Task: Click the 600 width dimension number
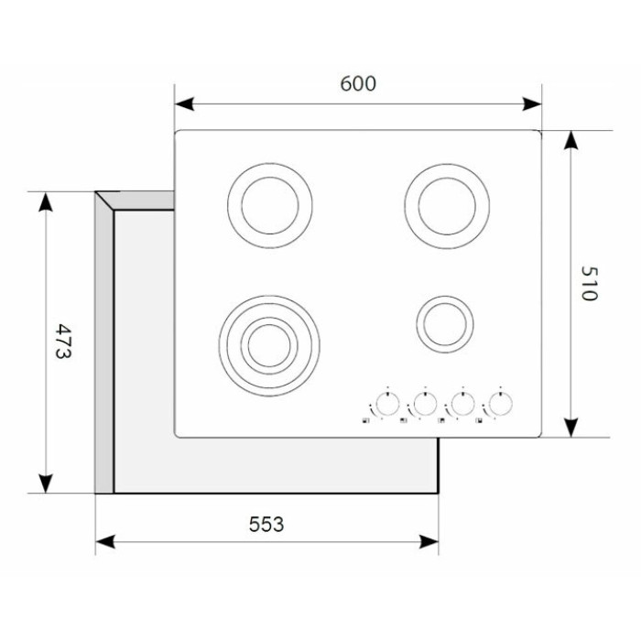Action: (x=358, y=84)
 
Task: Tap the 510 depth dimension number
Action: (x=590, y=283)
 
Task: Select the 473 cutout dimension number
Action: (x=63, y=342)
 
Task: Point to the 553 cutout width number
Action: (x=266, y=524)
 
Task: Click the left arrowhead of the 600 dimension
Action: (x=184, y=104)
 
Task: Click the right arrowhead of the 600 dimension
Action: (x=532, y=104)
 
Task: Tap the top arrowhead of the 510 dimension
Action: (x=571, y=140)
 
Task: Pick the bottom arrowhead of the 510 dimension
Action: (x=571, y=428)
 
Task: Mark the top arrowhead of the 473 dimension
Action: (x=46, y=201)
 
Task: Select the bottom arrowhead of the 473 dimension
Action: (x=46, y=483)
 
